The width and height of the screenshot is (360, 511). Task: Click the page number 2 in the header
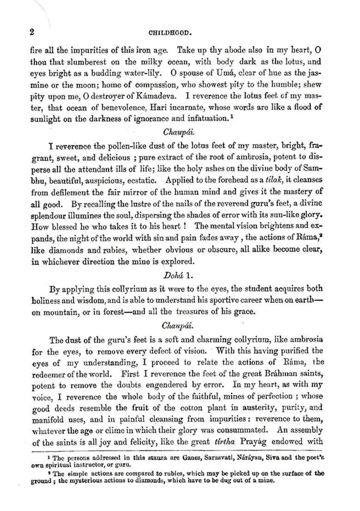click(x=32, y=32)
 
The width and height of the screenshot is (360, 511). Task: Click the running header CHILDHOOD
click(x=170, y=33)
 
